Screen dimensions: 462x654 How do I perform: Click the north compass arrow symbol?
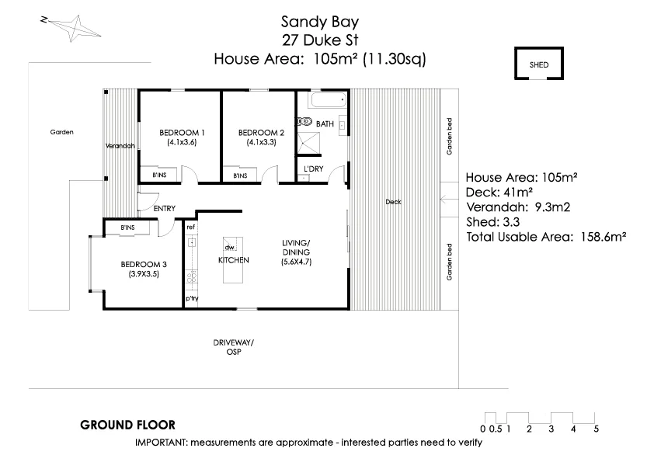point(71,29)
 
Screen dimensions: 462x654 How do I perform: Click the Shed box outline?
point(538,64)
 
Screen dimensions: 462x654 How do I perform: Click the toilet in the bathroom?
point(304,121)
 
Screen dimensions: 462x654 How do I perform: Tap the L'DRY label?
point(313,168)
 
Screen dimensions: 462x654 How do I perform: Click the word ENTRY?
point(164,208)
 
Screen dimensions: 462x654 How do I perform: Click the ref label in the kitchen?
point(190,227)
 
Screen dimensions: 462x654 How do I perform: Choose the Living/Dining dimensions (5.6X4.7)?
point(297,262)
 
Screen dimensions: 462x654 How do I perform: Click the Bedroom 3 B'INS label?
point(127,227)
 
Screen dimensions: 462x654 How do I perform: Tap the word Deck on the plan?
point(393,202)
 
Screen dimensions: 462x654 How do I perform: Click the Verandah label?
point(121,146)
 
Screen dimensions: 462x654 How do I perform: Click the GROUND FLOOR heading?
point(127,425)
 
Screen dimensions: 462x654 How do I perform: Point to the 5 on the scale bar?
point(596,429)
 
